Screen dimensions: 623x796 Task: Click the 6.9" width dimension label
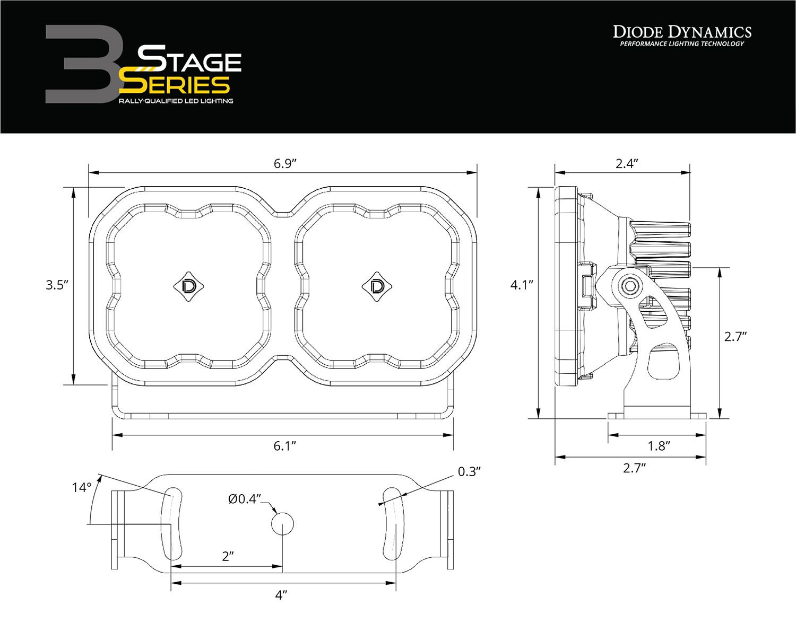coord(284,163)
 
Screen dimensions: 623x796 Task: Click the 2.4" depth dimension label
coord(626,163)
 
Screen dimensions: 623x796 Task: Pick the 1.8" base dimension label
coord(660,445)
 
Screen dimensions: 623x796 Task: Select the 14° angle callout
coord(82,487)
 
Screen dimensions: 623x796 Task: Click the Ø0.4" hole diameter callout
coord(245,498)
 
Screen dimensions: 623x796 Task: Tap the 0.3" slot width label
coord(469,471)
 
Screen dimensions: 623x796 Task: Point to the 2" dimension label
coord(228,556)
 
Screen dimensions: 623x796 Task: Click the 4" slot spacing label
coord(281,595)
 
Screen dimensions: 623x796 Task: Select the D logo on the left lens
coord(188,286)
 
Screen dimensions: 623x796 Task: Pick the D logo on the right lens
coord(377,286)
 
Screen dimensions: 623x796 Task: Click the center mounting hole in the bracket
coord(282,524)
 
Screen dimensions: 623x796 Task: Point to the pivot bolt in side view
coord(631,285)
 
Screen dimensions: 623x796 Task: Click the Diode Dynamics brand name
coord(682,32)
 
